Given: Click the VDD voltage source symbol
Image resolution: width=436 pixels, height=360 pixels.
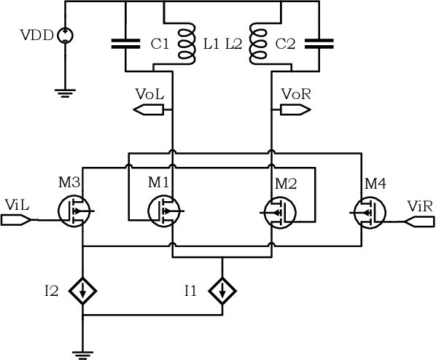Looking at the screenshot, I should (64, 34).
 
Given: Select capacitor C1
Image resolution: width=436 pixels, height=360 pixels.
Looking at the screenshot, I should (126, 44).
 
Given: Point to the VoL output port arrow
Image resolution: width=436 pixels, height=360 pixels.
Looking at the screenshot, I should (149, 110).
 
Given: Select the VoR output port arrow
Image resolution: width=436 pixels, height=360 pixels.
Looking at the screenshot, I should (295, 110).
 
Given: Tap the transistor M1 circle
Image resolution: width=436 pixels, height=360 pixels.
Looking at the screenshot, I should (165, 212).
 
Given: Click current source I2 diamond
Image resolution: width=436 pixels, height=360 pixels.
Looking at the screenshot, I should (83, 292).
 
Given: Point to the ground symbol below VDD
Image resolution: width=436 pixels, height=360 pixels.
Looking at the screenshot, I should (64, 91).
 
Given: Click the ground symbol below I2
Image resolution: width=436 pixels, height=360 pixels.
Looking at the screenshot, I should (83, 353).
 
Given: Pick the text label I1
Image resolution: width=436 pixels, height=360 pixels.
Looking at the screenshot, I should (190, 292).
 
